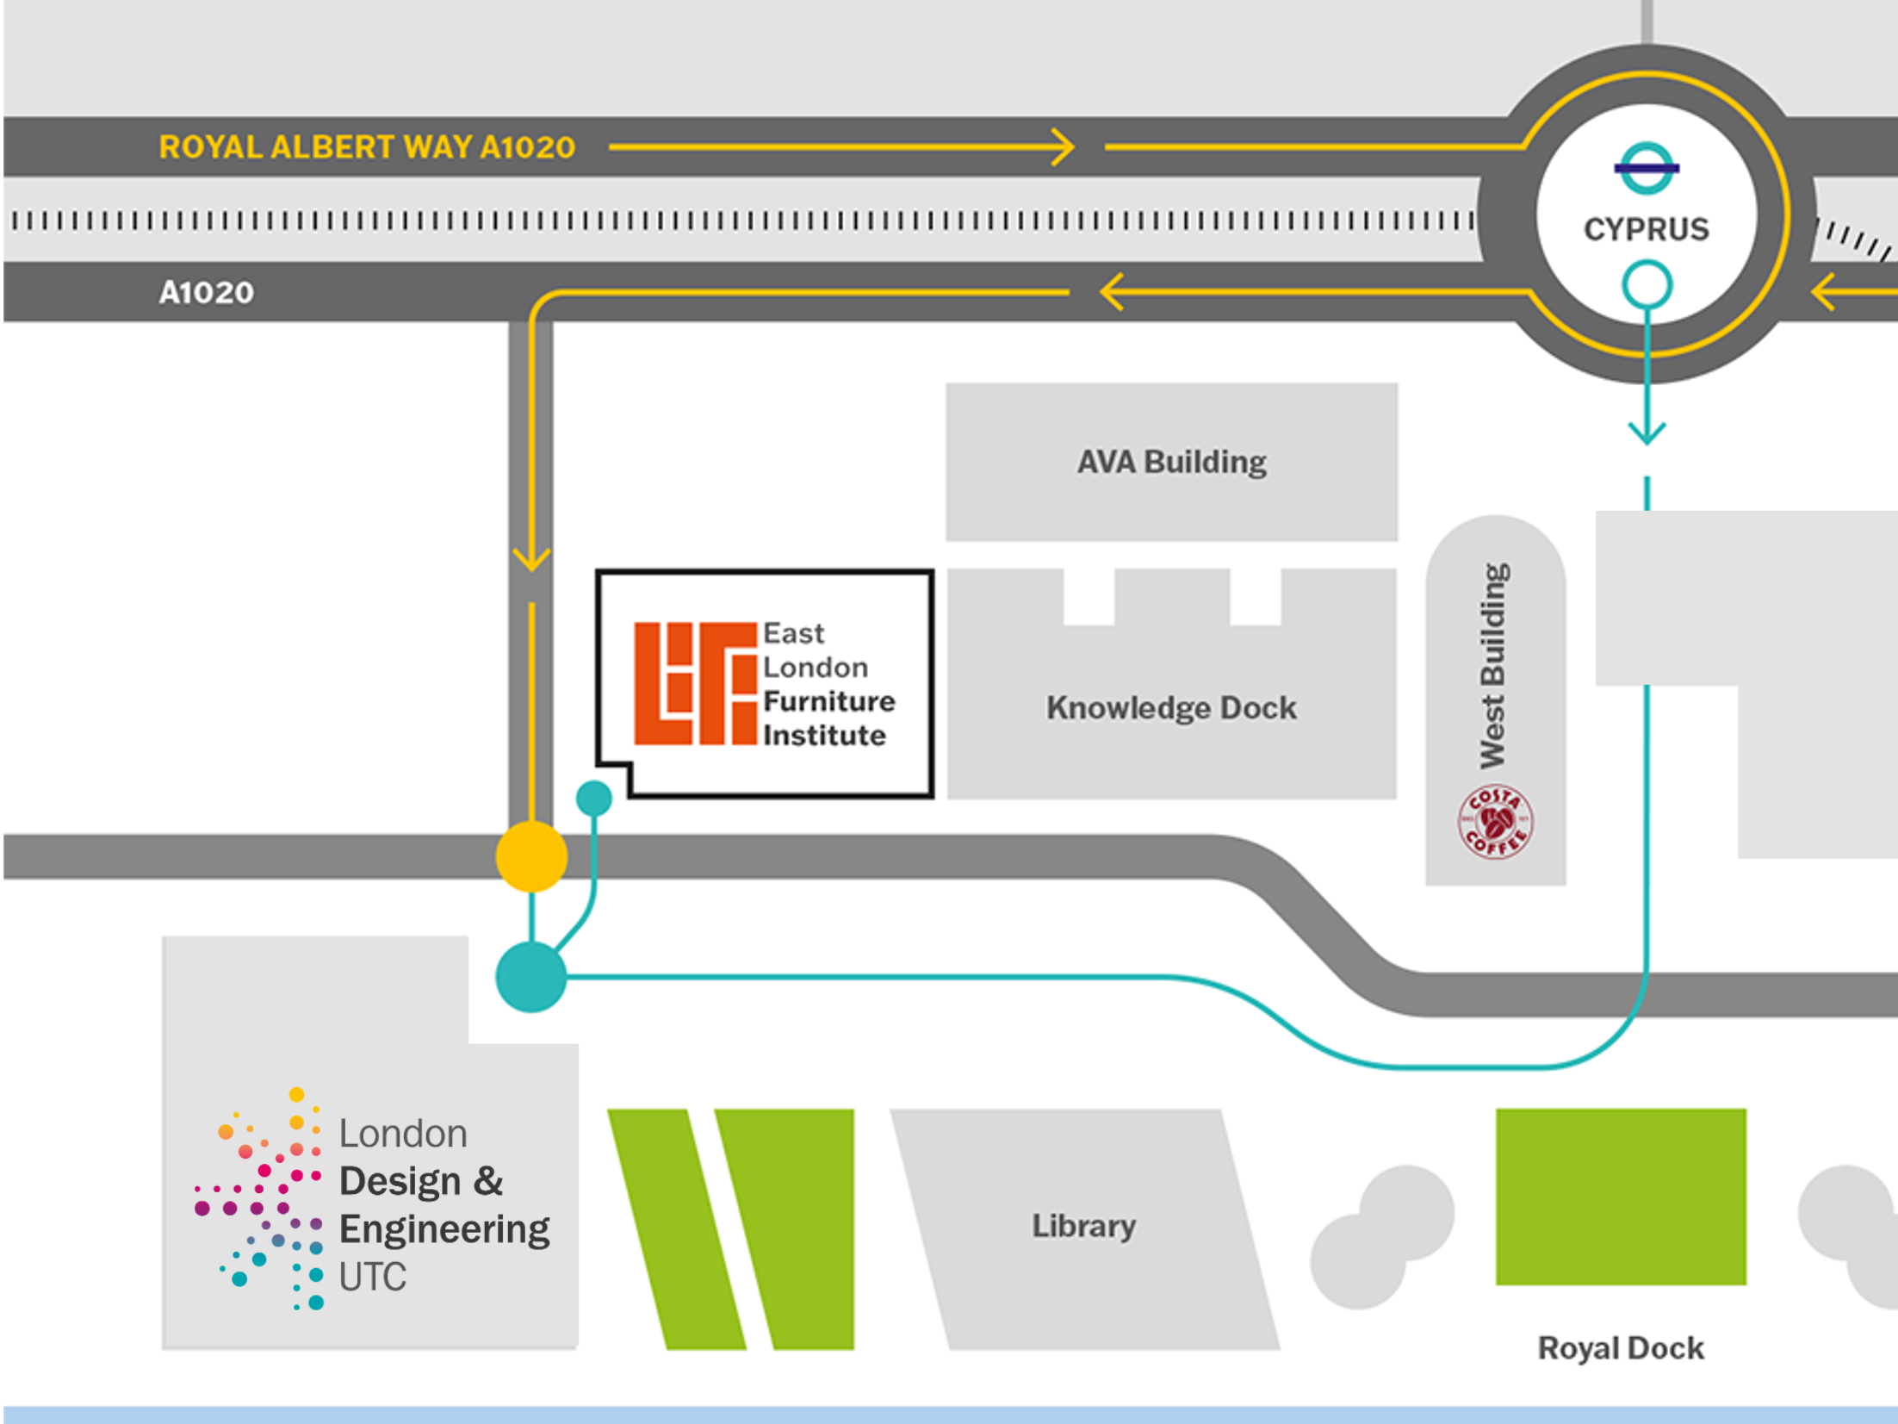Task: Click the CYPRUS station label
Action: (x=1646, y=229)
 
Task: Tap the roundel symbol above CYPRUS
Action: (x=1646, y=168)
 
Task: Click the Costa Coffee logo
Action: (x=1495, y=822)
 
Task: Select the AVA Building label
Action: (x=1171, y=463)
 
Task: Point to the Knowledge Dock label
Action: (x=1171, y=708)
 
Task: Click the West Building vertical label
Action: (x=1494, y=666)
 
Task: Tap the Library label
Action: (x=1083, y=1226)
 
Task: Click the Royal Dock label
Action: (x=1621, y=1348)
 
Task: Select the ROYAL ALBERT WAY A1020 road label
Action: (x=367, y=147)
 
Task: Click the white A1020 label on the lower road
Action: (x=207, y=293)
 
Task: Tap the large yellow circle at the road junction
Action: (x=531, y=856)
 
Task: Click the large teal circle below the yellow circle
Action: (x=531, y=977)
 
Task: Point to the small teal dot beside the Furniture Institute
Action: (x=594, y=799)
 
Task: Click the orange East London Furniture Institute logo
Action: (x=695, y=683)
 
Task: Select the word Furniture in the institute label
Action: (x=828, y=701)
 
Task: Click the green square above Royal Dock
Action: (x=1621, y=1197)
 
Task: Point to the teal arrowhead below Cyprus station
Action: (x=1647, y=432)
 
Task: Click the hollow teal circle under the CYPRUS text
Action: (x=1647, y=285)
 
